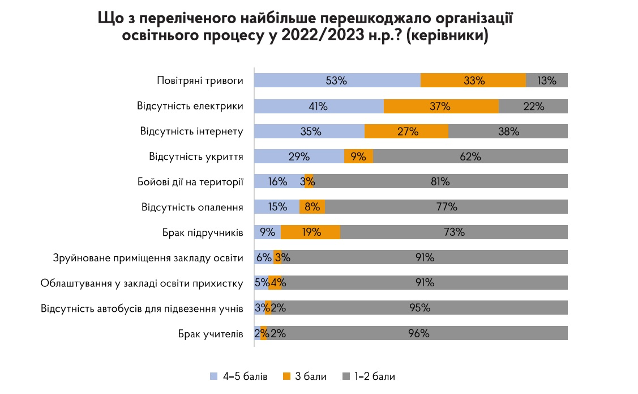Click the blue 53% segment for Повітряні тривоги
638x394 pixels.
(337, 81)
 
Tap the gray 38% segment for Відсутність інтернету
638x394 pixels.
(508, 132)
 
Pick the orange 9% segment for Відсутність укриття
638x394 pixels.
(358, 156)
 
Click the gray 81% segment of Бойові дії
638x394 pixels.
(440, 181)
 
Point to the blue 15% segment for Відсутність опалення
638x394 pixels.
(276, 207)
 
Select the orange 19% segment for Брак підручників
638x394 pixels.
(310, 232)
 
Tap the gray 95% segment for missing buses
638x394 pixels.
(419, 308)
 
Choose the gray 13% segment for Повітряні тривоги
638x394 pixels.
(547, 81)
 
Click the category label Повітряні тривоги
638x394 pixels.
(200, 81)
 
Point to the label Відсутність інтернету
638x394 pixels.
(191, 132)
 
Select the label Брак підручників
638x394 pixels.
(203, 232)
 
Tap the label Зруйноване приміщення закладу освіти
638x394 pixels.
(148, 258)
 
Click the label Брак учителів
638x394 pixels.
(210, 333)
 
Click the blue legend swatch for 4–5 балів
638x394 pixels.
(213, 376)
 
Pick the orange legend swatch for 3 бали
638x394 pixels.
(286, 376)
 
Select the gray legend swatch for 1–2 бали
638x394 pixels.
(346, 376)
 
